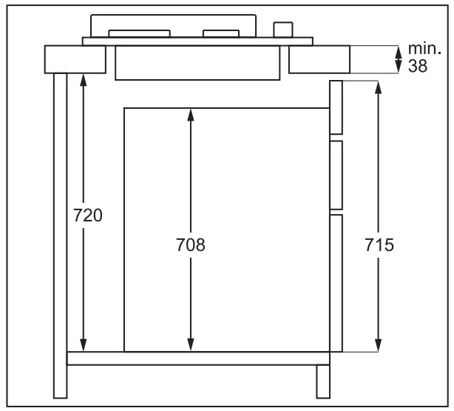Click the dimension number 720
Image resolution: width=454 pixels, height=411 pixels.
[x=87, y=215]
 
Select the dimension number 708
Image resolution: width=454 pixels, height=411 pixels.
[x=191, y=244]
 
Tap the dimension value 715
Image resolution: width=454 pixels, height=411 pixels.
[x=379, y=244]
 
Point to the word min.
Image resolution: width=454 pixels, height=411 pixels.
[x=424, y=51]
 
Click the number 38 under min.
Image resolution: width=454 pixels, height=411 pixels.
[x=417, y=66]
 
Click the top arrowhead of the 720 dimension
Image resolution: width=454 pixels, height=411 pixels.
[x=83, y=78]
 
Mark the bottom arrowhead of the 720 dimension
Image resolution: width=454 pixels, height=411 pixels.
[x=83, y=347]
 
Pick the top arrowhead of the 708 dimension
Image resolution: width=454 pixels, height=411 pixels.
[x=191, y=114]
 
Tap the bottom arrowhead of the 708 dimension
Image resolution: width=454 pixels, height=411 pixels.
[x=191, y=346]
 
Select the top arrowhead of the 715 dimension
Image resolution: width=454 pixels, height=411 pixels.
[x=379, y=86]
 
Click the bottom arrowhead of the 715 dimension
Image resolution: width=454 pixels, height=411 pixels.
[x=379, y=346]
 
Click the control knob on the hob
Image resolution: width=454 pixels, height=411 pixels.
[x=282, y=29]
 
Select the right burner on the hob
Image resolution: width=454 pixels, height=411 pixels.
[x=221, y=33]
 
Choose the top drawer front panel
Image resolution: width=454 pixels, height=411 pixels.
[x=336, y=108]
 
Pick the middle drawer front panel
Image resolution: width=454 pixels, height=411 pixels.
[x=336, y=175]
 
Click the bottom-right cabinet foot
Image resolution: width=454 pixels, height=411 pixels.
[x=323, y=381]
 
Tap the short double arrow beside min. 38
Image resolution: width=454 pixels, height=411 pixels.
[x=399, y=59]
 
